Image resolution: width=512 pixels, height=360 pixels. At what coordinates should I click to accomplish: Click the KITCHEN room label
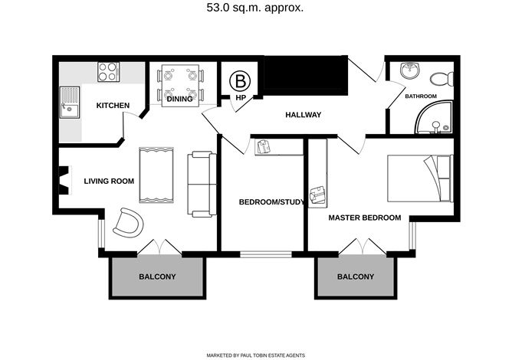(x=113, y=106)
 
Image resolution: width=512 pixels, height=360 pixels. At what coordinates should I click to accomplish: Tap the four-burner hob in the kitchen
(x=108, y=72)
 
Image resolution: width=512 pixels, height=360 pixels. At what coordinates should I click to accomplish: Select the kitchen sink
(x=70, y=103)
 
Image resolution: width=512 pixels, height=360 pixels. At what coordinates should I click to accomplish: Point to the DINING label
(x=179, y=99)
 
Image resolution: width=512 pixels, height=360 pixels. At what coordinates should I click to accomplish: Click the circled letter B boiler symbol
(x=240, y=82)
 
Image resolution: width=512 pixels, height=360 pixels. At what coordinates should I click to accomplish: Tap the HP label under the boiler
(x=241, y=97)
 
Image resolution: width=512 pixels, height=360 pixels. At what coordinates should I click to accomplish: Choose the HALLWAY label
(x=304, y=115)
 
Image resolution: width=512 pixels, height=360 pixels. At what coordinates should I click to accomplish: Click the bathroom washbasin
(x=409, y=70)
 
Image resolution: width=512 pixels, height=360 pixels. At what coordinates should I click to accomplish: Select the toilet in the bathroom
(x=441, y=79)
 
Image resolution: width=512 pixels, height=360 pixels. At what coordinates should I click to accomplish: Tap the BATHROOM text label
(x=421, y=97)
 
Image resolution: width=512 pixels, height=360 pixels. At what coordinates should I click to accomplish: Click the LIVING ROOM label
(x=109, y=181)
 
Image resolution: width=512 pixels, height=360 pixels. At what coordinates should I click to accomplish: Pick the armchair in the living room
(x=128, y=222)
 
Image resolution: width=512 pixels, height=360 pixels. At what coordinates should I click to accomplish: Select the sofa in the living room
(x=202, y=184)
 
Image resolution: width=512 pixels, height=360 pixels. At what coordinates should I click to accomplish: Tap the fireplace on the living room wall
(x=65, y=181)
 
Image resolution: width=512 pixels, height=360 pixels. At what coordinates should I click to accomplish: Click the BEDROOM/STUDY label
(x=271, y=202)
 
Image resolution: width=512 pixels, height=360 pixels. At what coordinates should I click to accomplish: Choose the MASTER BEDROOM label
(x=365, y=218)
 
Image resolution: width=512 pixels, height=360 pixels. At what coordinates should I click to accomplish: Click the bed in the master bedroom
(x=420, y=178)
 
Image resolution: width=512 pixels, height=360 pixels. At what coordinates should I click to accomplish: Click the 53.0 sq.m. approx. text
(x=255, y=8)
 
